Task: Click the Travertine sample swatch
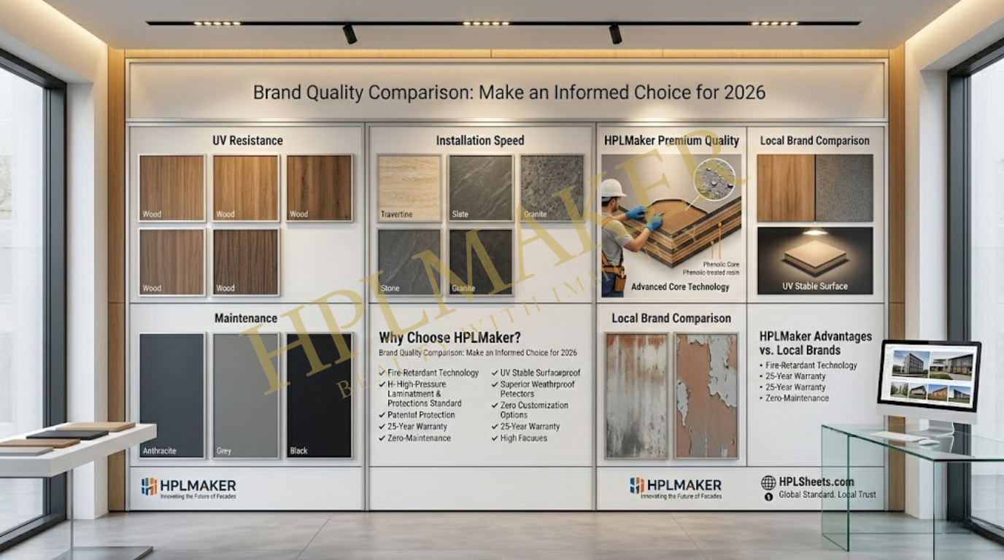tap(409, 187)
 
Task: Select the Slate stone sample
tap(480, 187)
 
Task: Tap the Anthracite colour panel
tap(172, 395)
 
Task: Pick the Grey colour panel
tap(246, 395)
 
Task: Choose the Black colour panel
tap(320, 395)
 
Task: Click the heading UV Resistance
tap(247, 140)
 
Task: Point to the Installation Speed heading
tap(480, 140)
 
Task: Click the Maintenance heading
tap(246, 318)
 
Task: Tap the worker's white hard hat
tap(613, 188)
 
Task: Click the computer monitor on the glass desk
tap(929, 375)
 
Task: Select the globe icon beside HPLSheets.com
tap(768, 482)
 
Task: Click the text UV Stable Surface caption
tap(815, 286)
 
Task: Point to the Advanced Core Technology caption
tap(680, 287)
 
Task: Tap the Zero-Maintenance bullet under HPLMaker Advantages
tap(797, 398)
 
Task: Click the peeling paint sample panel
tap(706, 395)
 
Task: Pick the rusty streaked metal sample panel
tap(636, 395)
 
